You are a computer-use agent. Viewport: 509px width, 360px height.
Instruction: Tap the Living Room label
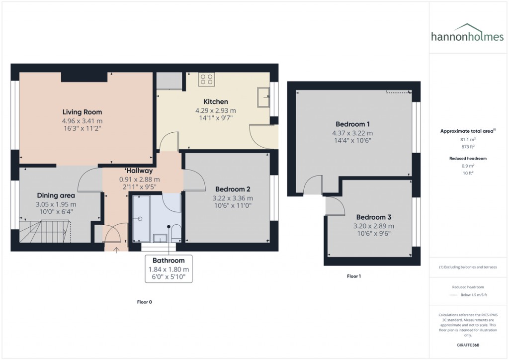(82, 112)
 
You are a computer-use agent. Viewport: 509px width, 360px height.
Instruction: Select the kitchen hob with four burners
(206, 80)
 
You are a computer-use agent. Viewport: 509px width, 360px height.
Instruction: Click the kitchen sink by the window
(263, 97)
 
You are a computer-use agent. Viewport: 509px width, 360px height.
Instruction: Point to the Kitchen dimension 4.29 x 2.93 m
(215, 110)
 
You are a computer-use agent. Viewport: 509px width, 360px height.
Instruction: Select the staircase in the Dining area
(45, 231)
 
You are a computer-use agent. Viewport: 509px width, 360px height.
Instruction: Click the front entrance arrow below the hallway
(117, 250)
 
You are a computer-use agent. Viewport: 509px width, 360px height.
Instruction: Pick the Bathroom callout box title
(169, 260)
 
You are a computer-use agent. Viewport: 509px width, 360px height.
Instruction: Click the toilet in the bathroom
(175, 233)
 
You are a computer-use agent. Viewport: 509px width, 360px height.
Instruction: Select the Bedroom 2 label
(232, 189)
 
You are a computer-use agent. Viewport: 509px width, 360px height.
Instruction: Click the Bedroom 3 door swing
(333, 204)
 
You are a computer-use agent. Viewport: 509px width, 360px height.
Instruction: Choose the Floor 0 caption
(144, 302)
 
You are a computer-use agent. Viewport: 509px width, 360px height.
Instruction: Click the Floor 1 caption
(353, 276)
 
